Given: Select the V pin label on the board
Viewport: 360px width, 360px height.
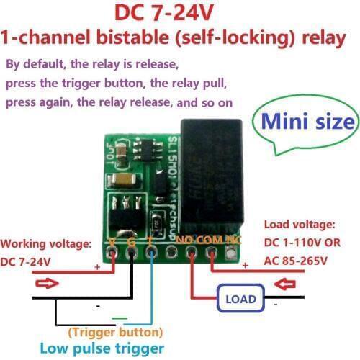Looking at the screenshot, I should coord(112,241).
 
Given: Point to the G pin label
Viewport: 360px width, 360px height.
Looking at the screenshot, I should coord(131,241).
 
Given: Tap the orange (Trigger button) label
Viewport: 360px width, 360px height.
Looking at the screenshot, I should coord(115,332).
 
